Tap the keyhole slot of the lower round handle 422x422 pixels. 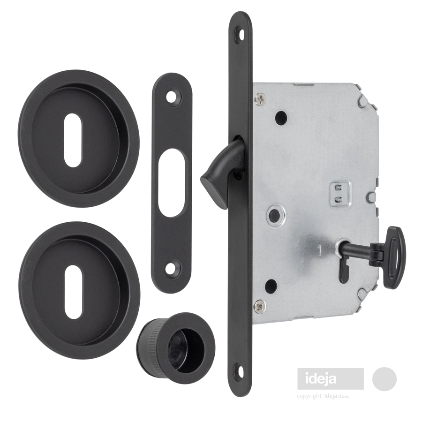point(73,290)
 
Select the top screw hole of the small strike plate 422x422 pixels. point(172,98)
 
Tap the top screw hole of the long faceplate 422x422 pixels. point(241,34)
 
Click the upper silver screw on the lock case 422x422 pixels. point(259,99)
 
